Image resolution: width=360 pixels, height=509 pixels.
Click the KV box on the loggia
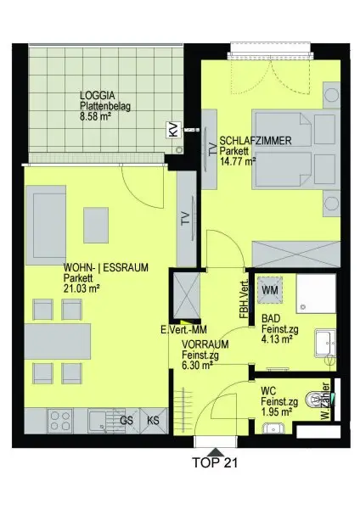(x=172, y=130)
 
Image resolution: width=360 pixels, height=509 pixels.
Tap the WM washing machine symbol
(x=270, y=289)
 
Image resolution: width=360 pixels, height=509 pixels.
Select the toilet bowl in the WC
(x=313, y=400)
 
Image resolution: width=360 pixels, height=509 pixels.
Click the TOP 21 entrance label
(x=215, y=462)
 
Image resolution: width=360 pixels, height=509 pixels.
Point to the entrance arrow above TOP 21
(x=215, y=451)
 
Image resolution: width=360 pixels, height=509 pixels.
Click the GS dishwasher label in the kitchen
(x=127, y=421)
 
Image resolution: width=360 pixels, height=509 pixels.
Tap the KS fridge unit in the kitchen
(x=154, y=421)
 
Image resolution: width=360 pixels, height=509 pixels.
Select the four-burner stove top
(x=60, y=421)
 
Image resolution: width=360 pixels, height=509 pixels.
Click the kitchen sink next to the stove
(x=101, y=421)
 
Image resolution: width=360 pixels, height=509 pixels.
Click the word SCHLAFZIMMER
(x=256, y=141)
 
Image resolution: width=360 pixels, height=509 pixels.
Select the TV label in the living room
(x=185, y=218)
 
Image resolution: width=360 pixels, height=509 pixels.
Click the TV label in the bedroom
(x=212, y=149)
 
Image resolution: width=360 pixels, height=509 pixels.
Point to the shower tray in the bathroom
(x=316, y=294)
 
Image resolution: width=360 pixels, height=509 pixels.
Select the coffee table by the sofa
(x=96, y=226)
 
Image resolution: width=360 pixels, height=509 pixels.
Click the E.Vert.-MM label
(x=183, y=329)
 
